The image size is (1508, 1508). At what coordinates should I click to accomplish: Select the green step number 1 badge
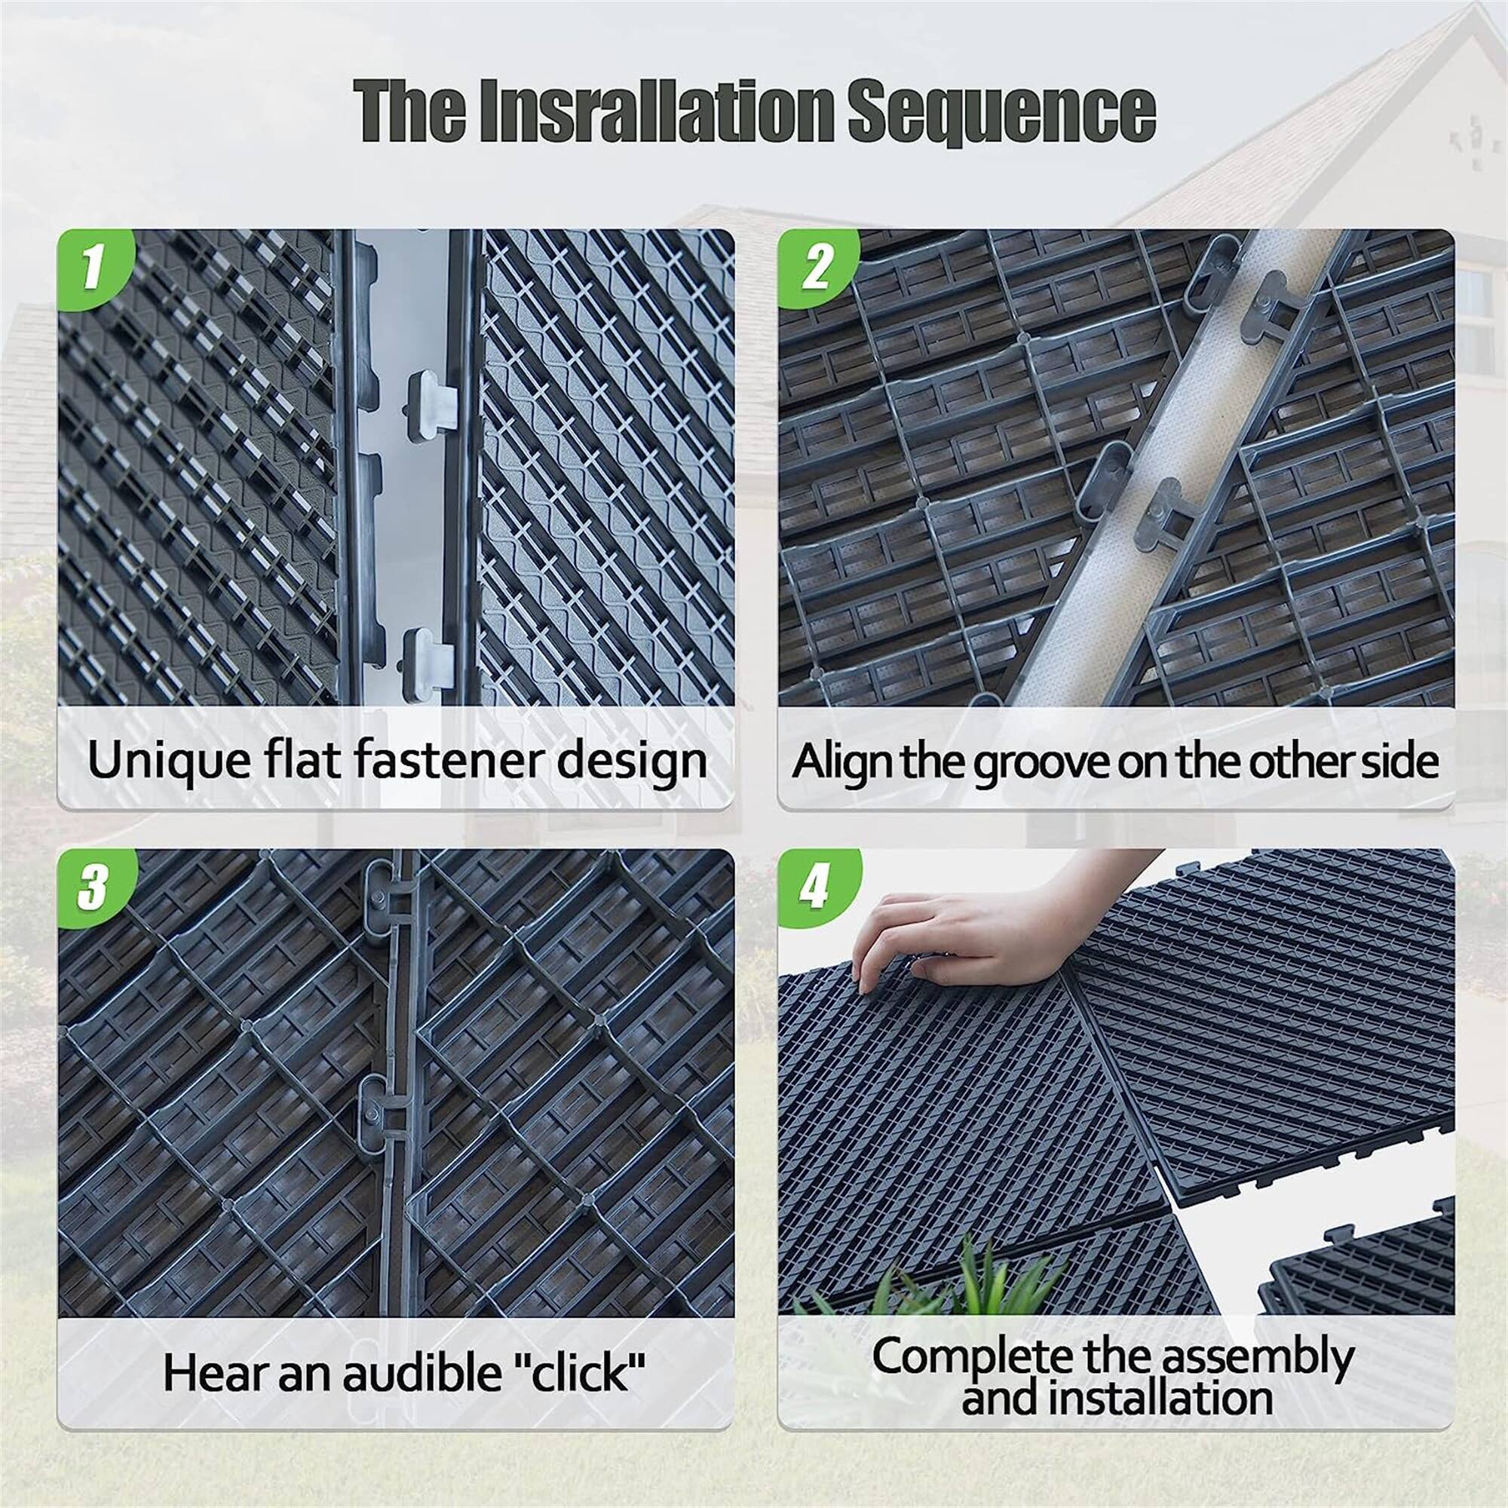pos(93,267)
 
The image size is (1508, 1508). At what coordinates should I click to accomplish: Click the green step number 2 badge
pos(817,267)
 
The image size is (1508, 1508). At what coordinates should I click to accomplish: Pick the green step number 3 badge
pos(93,887)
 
